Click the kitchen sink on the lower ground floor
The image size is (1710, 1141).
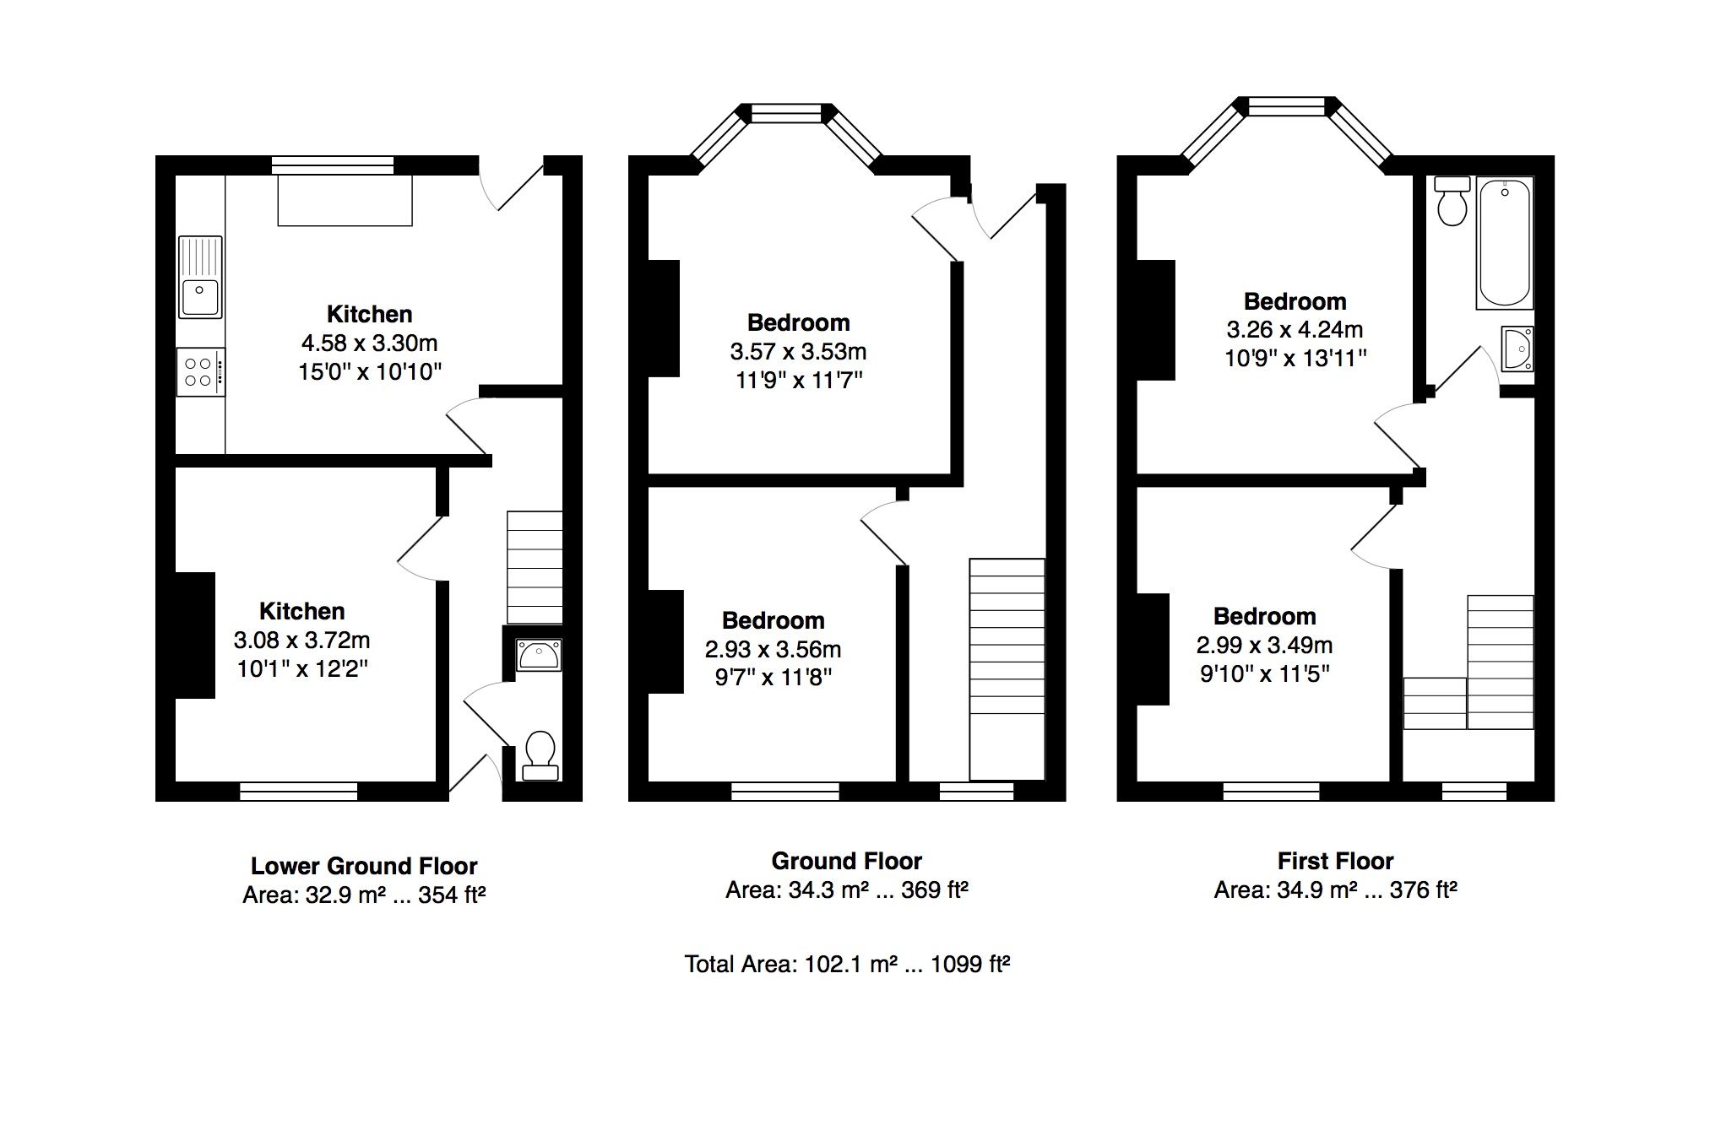(200, 277)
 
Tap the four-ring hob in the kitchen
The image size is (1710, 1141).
(201, 372)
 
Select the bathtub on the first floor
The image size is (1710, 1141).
(1505, 243)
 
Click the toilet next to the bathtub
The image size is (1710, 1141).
(1452, 201)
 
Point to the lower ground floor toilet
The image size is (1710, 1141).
(540, 755)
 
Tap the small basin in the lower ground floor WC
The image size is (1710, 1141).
(539, 655)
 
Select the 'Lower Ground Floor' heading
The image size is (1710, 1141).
(364, 866)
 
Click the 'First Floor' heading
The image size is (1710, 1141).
(1335, 861)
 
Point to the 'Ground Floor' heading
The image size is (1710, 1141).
(846, 861)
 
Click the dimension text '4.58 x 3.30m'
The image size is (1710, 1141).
(369, 343)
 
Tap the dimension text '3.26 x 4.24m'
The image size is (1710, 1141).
(1295, 330)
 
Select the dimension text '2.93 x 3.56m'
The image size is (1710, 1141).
(773, 649)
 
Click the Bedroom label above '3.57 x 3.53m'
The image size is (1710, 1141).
(798, 322)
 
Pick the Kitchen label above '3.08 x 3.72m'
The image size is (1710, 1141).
(301, 611)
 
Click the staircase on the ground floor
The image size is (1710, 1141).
(1007, 669)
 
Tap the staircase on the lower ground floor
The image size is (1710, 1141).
(535, 567)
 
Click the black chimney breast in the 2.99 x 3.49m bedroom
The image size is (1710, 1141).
(1153, 649)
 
